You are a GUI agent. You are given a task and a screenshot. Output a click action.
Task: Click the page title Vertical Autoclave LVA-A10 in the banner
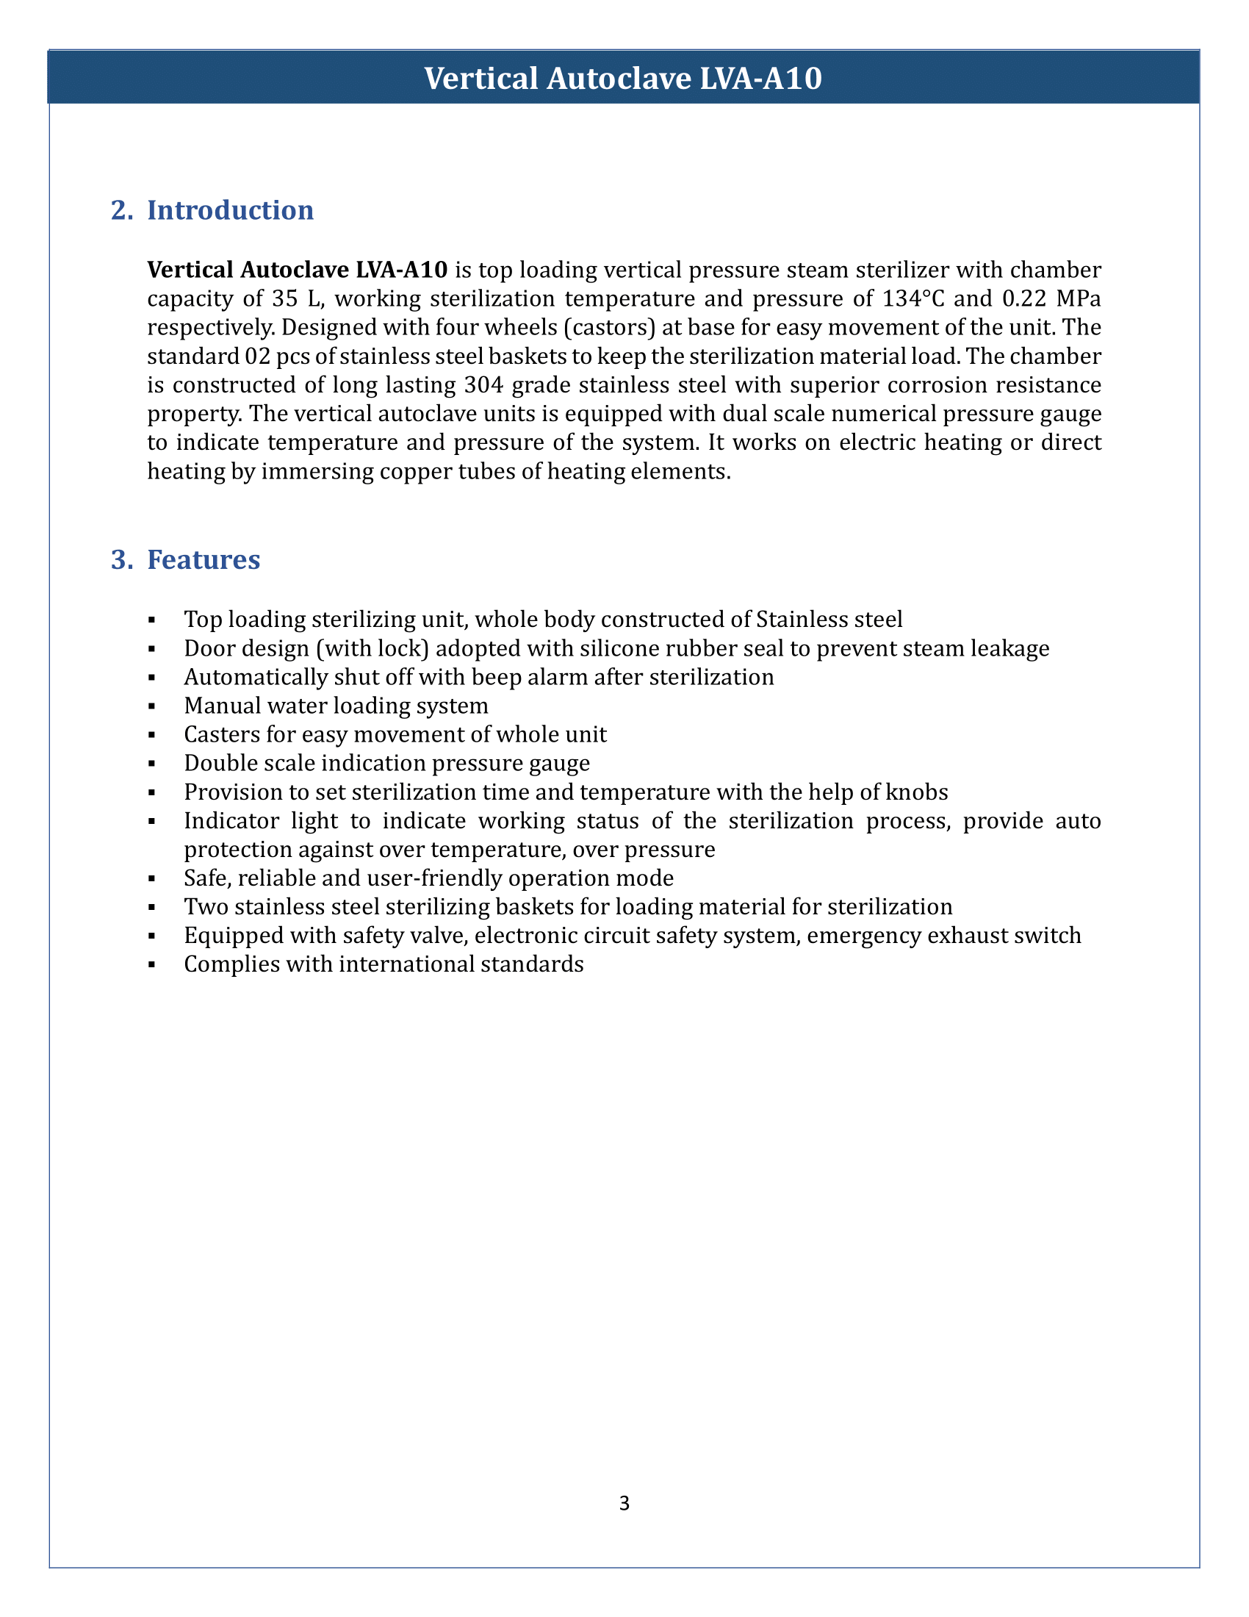(623, 78)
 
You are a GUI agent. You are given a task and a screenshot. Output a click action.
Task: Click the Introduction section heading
(230, 210)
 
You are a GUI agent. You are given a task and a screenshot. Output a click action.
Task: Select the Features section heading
(204, 560)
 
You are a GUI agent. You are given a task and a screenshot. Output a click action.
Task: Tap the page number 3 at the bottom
(624, 1503)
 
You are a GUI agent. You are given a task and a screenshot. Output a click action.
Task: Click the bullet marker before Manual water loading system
(151, 706)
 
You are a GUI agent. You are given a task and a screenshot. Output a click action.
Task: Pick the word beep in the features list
(506, 678)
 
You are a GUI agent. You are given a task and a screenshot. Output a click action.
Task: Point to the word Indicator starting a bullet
(232, 821)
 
